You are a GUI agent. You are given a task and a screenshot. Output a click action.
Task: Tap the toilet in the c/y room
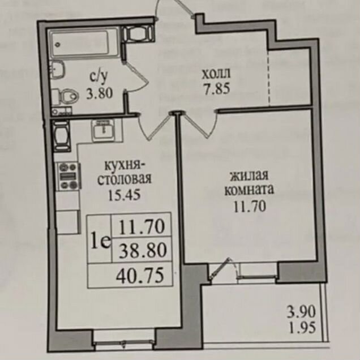[66, 97]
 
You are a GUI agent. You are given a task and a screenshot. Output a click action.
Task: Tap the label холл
[217, 73]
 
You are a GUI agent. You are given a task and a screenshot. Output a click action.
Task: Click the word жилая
[248, 175]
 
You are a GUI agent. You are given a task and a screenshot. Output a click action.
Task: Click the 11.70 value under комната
[248, 205]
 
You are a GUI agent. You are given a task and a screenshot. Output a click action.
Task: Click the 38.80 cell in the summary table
[142, 250]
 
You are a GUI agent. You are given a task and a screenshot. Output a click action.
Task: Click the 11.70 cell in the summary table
[142, 227]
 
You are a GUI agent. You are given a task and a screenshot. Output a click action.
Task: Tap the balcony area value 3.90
[300, 311]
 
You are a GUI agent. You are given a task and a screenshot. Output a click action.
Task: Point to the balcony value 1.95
[300, 327]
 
